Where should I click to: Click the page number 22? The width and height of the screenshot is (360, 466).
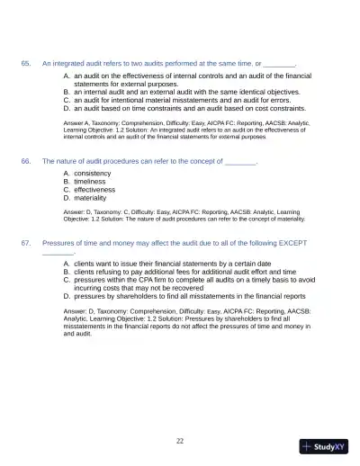(x=180, y=441)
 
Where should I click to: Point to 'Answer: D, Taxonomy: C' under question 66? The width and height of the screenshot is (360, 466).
(x=99, y=211)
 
